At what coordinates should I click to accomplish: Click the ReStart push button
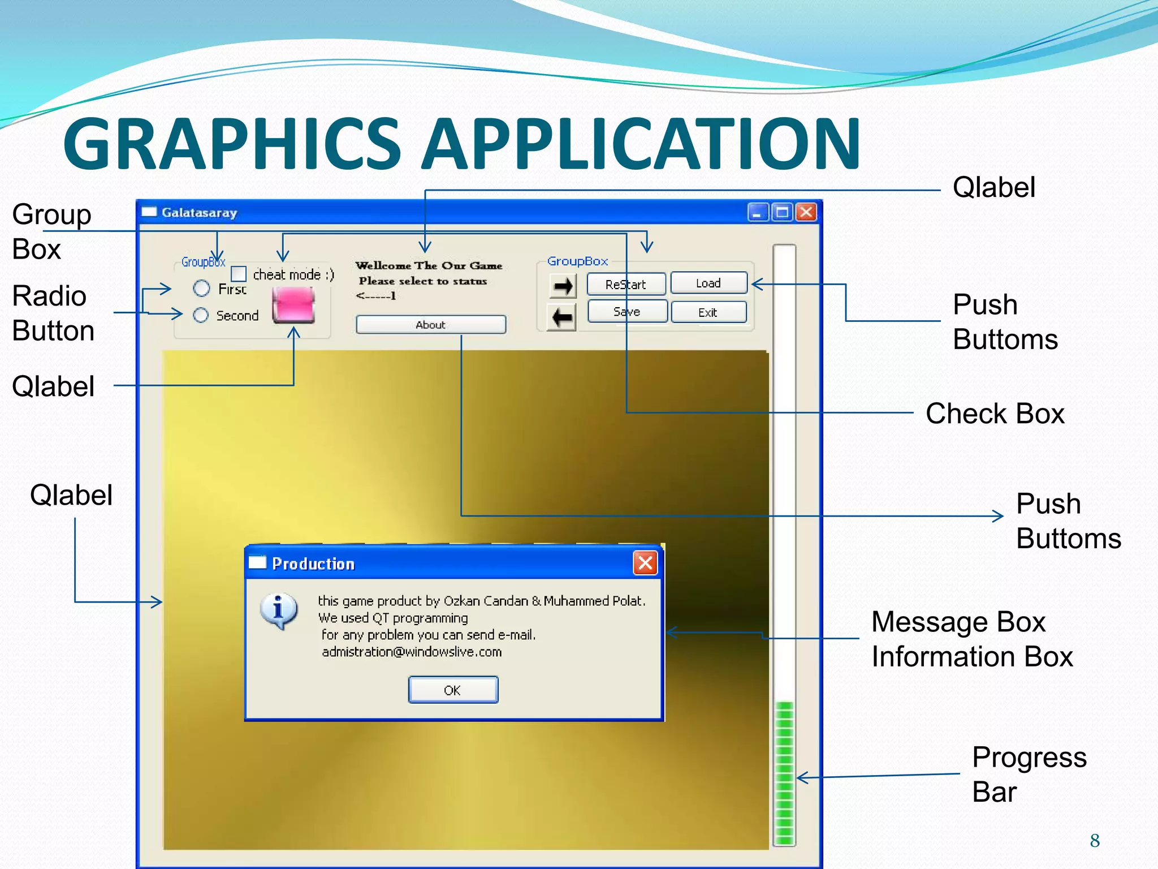pos(626,284)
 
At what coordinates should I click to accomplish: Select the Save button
pos(627,312)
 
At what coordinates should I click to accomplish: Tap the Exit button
pos(708,312)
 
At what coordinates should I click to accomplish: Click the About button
pos(431,325)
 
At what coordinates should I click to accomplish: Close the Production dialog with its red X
pos(645,563)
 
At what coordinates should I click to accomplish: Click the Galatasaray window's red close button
pos(806,212)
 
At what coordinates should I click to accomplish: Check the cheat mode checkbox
pos(239,274)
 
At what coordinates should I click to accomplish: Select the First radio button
pos(202,289)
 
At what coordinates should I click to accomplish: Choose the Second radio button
pos(201,315)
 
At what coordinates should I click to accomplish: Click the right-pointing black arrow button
pos(562,286)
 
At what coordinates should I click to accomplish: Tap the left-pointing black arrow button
pos(562,317)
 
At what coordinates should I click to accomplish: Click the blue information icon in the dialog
pos(278,611)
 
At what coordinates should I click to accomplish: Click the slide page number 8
pos(1095,841)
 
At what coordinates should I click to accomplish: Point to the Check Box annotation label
pos(995,414)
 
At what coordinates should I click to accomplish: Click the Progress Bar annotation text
pos(1029,774)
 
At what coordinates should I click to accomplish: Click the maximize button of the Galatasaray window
pos(782,212)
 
